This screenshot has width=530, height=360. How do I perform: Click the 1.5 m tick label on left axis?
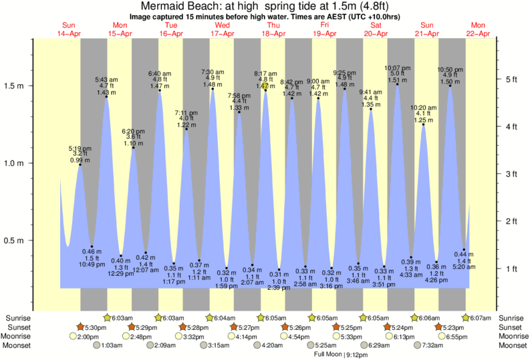coord(15,85)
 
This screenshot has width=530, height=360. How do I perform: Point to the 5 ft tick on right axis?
coord(512,79)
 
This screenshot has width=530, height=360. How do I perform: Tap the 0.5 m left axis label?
coord(15,240)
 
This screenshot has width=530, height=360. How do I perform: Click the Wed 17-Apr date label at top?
coord(222,29)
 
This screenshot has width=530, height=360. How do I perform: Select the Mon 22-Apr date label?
coord(479,29)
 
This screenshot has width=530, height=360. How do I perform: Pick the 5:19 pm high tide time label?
coord(80,148)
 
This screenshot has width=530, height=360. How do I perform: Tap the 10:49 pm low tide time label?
coord(92,264)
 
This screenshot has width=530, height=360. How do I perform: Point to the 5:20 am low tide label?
coord(463,266)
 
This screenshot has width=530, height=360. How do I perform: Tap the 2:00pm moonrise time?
coord(89,337)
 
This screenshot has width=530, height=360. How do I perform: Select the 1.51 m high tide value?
coord(397,81)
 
